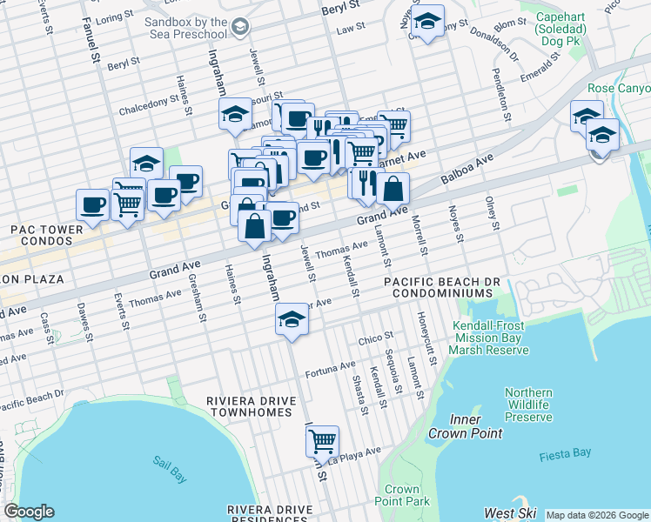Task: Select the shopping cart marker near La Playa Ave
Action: (322, 441)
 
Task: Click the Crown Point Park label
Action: (402, 495)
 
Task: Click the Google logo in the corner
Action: (29, 512)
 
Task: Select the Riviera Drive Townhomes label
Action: (251, 407)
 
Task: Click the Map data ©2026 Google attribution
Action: (597, 515)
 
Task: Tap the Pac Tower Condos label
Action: (46, 234)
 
